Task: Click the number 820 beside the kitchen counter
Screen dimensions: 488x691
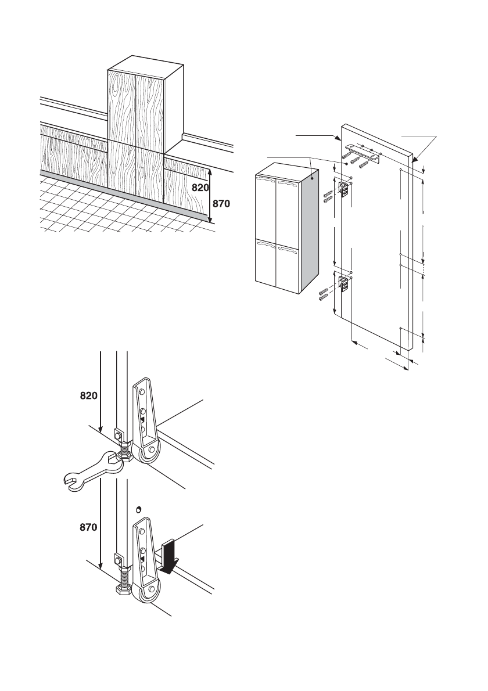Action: click(x=200, y=188)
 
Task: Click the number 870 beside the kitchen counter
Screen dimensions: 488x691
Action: click(x=221, y=204)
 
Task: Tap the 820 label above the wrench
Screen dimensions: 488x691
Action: click(x=89, y=396)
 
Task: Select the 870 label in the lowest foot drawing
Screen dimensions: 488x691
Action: click(x=89, y=527)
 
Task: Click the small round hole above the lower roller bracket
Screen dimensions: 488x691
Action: click(x=139, y=509)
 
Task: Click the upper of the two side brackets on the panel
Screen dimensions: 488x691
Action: click(x=345, y=188)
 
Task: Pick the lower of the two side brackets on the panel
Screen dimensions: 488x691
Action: click(x=345, y=286)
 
